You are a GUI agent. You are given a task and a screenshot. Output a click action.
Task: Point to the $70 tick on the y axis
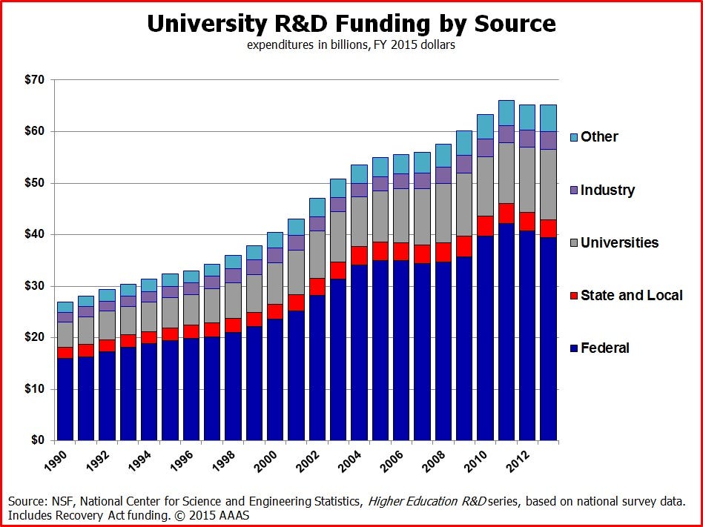34,79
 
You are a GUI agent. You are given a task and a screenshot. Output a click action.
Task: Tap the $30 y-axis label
34,286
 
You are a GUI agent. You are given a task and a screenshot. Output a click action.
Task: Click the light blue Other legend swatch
574,137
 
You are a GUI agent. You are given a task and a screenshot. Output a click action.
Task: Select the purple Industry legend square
574,190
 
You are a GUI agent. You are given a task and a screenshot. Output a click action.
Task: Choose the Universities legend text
619,243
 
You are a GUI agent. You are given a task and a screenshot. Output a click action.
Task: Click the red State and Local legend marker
574,296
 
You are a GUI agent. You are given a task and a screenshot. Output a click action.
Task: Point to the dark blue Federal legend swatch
574,348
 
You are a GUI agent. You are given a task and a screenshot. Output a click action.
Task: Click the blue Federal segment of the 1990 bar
65,400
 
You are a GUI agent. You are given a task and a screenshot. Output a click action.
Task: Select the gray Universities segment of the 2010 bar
485,185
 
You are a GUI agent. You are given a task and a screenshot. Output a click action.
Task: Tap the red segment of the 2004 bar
359,256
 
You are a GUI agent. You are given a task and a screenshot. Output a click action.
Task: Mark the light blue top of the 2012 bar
527,116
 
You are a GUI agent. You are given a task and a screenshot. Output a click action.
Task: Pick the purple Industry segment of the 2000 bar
275,255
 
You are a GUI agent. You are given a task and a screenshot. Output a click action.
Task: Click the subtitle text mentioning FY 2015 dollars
351,45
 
